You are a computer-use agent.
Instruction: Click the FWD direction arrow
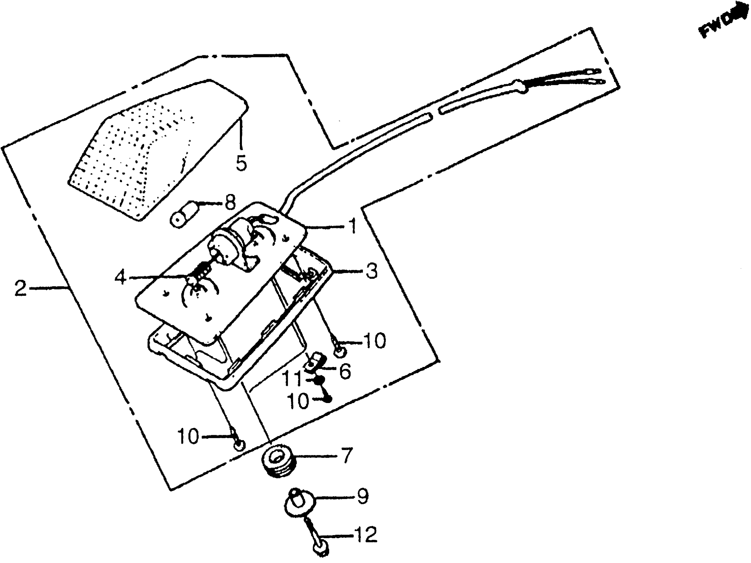726,21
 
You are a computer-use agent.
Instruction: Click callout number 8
230,203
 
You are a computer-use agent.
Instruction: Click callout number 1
353,226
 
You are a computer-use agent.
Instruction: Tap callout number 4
121,277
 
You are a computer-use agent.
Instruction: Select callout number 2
20,288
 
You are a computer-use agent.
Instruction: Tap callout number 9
362,496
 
